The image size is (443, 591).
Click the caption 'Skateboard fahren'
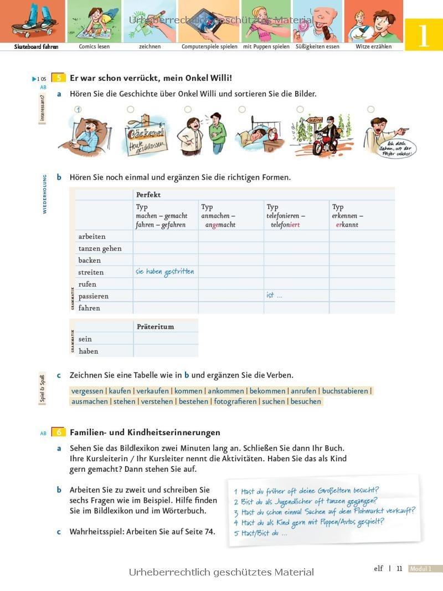pyautogui.click(x=36, y=47)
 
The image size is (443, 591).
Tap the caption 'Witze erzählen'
pyautogui.click(x=373, y=47)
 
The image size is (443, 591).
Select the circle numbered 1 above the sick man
pyautogui.click(x=78, y=110)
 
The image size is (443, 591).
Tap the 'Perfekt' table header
pyautogui.click(x=148, y=195)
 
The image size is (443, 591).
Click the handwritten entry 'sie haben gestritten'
pyautogui.click(x=164, y=272)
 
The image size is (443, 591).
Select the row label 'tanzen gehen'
pyautogui.click(x=100, y=248)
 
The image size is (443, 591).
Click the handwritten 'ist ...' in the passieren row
pyautogui.click(x=274, y=295)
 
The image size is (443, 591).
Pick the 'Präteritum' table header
pyautogui.click(x=155, y=327)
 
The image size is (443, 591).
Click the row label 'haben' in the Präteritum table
pyautogui.click(x=89, y=351)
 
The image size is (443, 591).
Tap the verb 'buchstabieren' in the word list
pyautogui.click(x=345, y=391)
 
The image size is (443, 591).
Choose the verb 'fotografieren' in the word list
pyautogui.click(x=235, y=401)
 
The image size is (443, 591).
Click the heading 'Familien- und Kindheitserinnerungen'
pyautogui.click(x=145, y=432)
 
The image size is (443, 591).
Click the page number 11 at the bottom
pyautogui.click(x=399, y=568)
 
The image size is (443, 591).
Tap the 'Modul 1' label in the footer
pyautogui.click(x=425, y=569)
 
